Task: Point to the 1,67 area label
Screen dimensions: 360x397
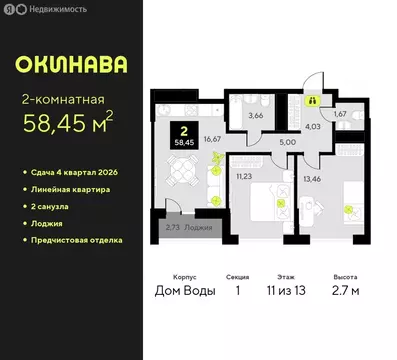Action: (x=340, y=115)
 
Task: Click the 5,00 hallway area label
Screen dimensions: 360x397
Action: (x=287, y=142)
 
